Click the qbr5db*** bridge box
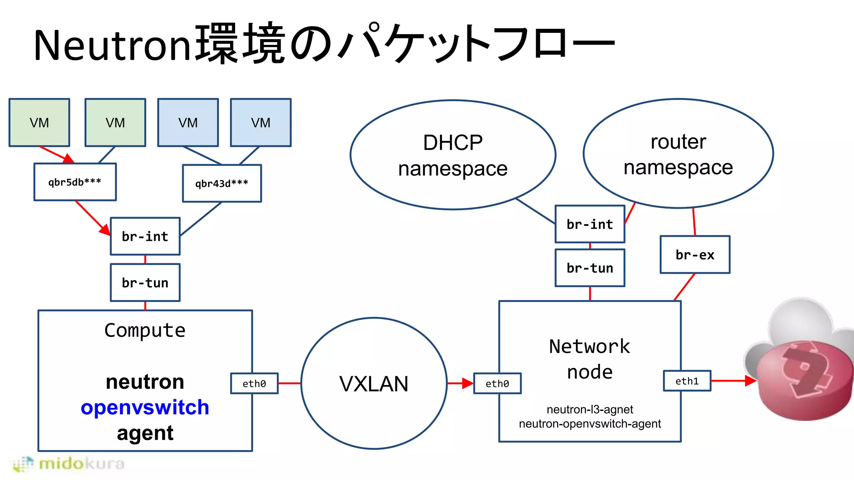point(75,182)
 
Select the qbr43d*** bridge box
point(222,183)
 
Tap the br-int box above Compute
point(145,236)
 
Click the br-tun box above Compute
point(145,282)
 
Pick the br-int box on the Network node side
point(590,224)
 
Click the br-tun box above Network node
point(590,268)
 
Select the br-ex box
point(695,255)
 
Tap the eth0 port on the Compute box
point(254,383)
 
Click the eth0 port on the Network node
point(497,383)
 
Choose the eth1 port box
point(687,381)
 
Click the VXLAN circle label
point(374,384)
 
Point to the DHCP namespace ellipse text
point(453,155)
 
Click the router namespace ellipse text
point(678,154)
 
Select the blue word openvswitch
point(145,407)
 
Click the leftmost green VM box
point(39,122)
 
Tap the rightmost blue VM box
point(261,122)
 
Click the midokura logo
point(69,464)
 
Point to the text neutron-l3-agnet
point(590,410)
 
